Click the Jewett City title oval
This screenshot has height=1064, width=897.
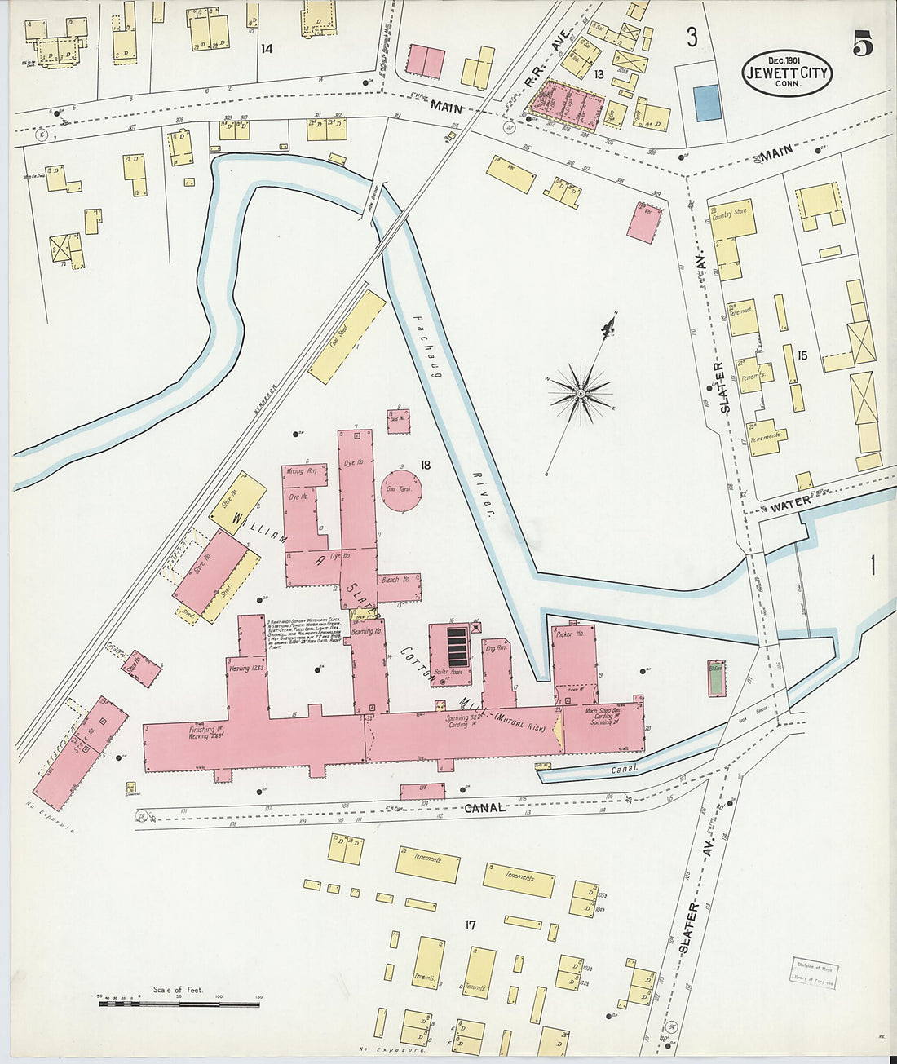(x=786, y=73)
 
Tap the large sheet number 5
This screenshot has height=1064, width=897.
(x=862, y=44)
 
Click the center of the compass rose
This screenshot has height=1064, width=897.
(x=581, y=394)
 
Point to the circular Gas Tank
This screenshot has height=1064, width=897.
(x=402, y=488)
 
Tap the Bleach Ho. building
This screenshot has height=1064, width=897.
(x=398, y=580)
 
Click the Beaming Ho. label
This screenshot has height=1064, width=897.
(x=366, y=631)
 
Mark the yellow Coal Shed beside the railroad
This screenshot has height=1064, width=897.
(x=347, y=337)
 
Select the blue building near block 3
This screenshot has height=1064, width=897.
(x=708, y=103)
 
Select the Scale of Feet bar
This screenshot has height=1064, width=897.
(x=179, y=1004)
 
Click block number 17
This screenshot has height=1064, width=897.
(x=470, y=925)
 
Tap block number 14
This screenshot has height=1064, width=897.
(x=267, y=49)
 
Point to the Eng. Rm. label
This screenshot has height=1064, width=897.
(x=496, y=649)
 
